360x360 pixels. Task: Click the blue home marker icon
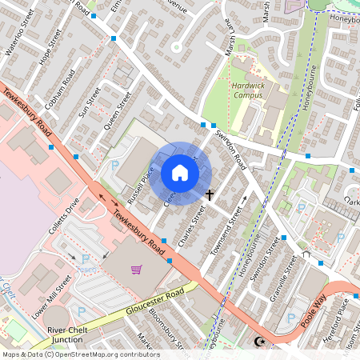pyautogui.click(x=180, y=173)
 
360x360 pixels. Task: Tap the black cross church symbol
pyautogui.click(x=210, y=194)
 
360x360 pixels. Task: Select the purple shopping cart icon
pyautogui.click(x=137, y=268)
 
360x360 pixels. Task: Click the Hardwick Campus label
pyautogui.click(x=247, y=90)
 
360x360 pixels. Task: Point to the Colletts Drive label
pyautogui.click(x=63, y=216)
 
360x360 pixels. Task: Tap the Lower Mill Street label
pyautogui.click(x=52, y=296)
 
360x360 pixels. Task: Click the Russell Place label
pyautogui.click(x=137, y=185)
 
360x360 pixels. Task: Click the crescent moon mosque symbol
pyautogui.click(x=258, y=342)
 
